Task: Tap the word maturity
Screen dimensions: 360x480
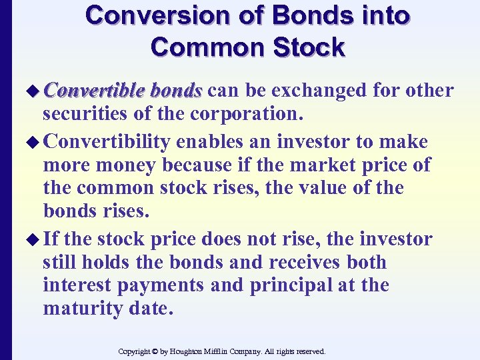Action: pos(81,309)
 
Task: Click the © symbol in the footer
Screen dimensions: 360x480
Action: pos(155,351)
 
